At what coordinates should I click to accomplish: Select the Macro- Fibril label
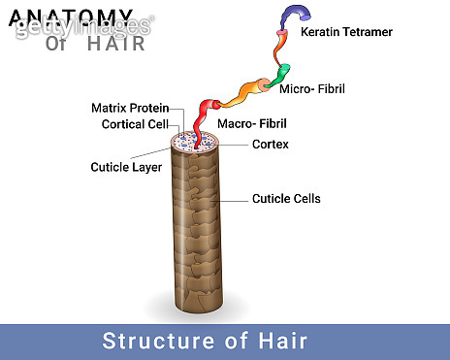click(250, 123)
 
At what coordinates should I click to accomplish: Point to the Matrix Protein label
click(130, 108)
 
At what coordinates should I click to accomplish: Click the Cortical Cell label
click(135, 124)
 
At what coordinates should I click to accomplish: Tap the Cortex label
click(270, 145)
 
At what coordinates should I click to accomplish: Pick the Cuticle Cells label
click(286, 199)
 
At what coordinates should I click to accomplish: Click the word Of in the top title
click(57, 43)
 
